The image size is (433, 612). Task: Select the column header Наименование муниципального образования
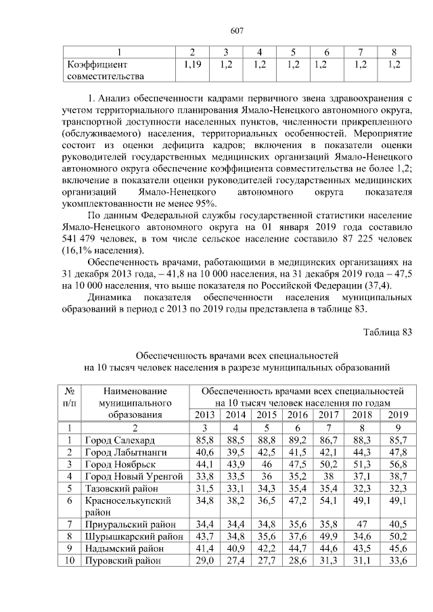132,402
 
